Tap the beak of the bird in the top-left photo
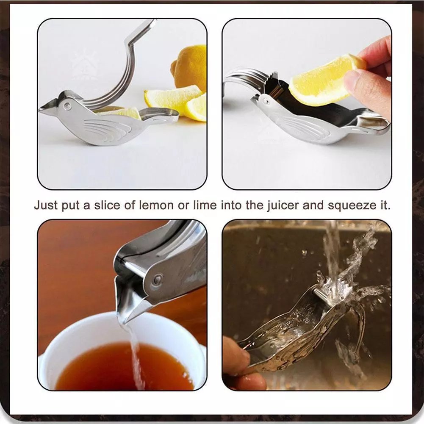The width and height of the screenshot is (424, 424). coord(47,110)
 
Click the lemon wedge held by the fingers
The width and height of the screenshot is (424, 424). coord(322,80)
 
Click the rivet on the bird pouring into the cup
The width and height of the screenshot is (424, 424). coord(158,279)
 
